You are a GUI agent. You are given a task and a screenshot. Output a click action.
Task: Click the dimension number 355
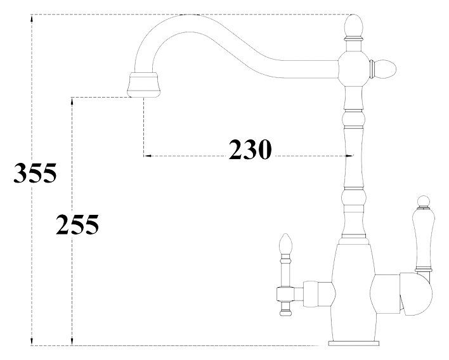(x=35, y=173)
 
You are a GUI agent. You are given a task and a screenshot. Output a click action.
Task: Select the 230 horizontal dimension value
(x=250, y=150)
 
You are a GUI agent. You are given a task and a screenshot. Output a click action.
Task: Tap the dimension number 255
(x=77, y=224)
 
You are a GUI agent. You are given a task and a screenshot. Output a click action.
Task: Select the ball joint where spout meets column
(x=353, y=65)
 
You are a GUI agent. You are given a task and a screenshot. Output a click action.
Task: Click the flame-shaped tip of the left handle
(x=284, y=245)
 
